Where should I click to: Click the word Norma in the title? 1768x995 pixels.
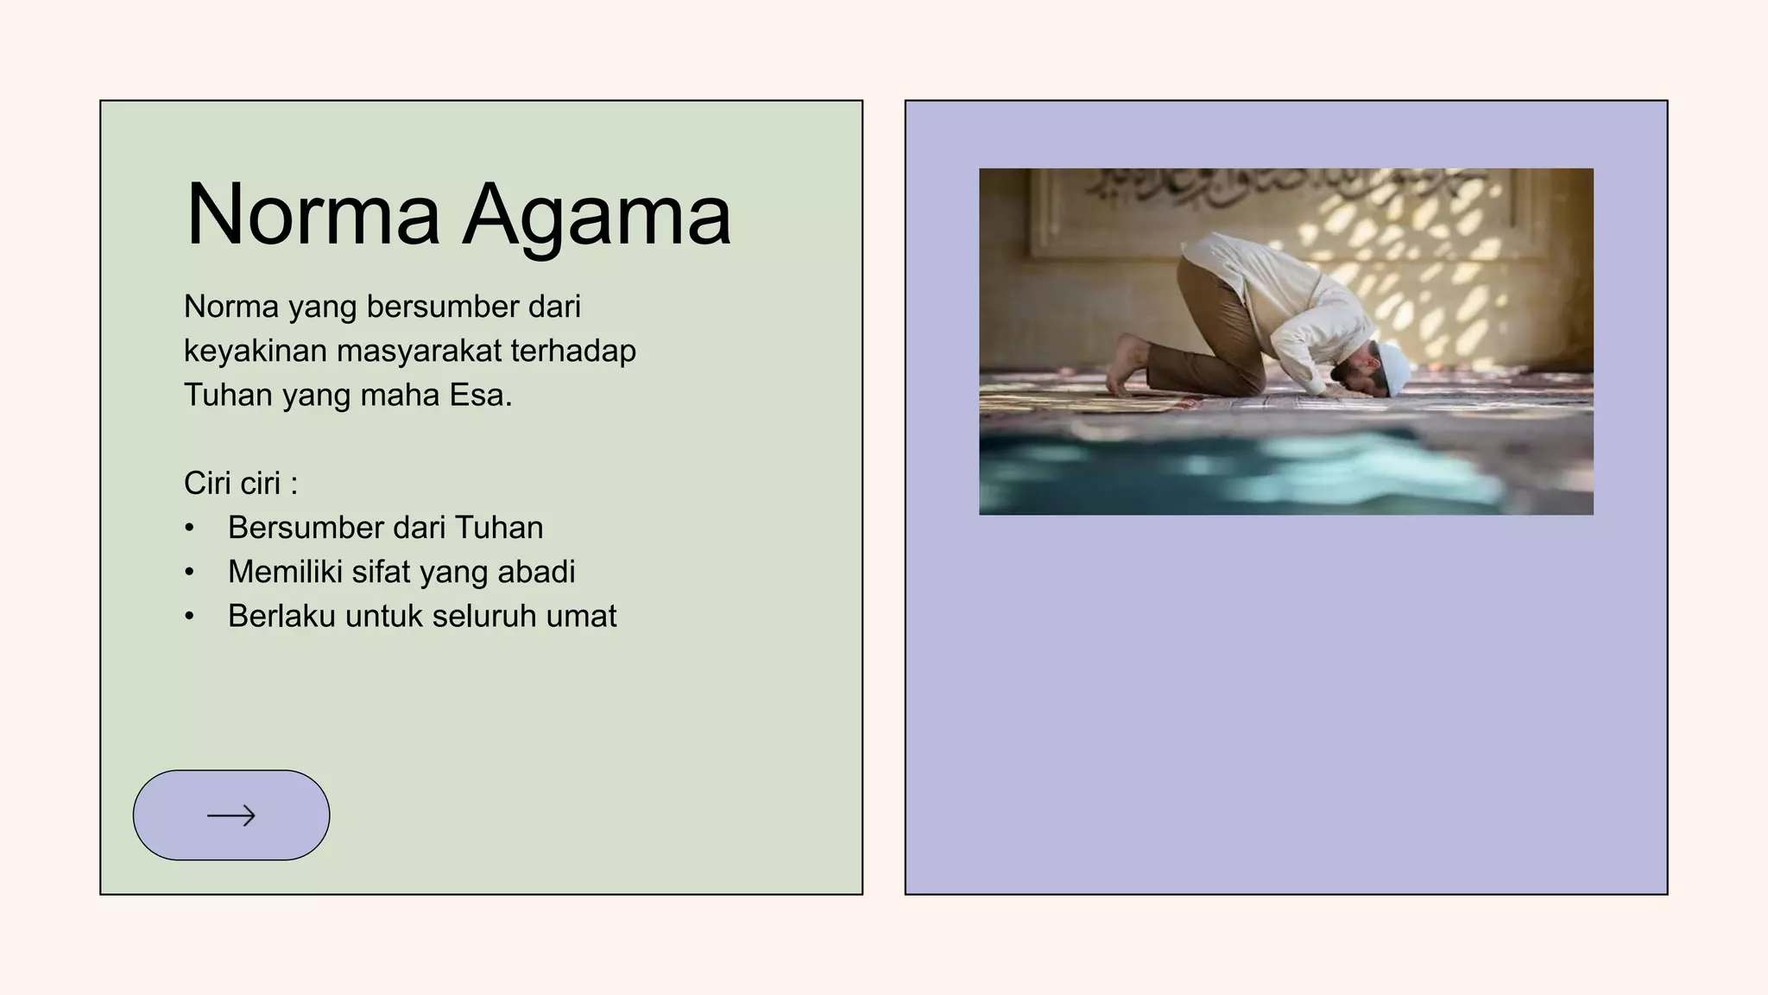point(313,215)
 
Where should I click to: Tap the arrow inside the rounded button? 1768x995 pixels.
point(231,815)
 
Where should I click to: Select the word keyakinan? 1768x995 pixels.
point(256,352)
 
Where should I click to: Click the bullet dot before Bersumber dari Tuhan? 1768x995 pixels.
point(190,528)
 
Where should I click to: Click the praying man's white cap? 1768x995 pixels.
point(1393,367)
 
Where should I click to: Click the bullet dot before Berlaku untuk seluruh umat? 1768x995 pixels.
point(190,617)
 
